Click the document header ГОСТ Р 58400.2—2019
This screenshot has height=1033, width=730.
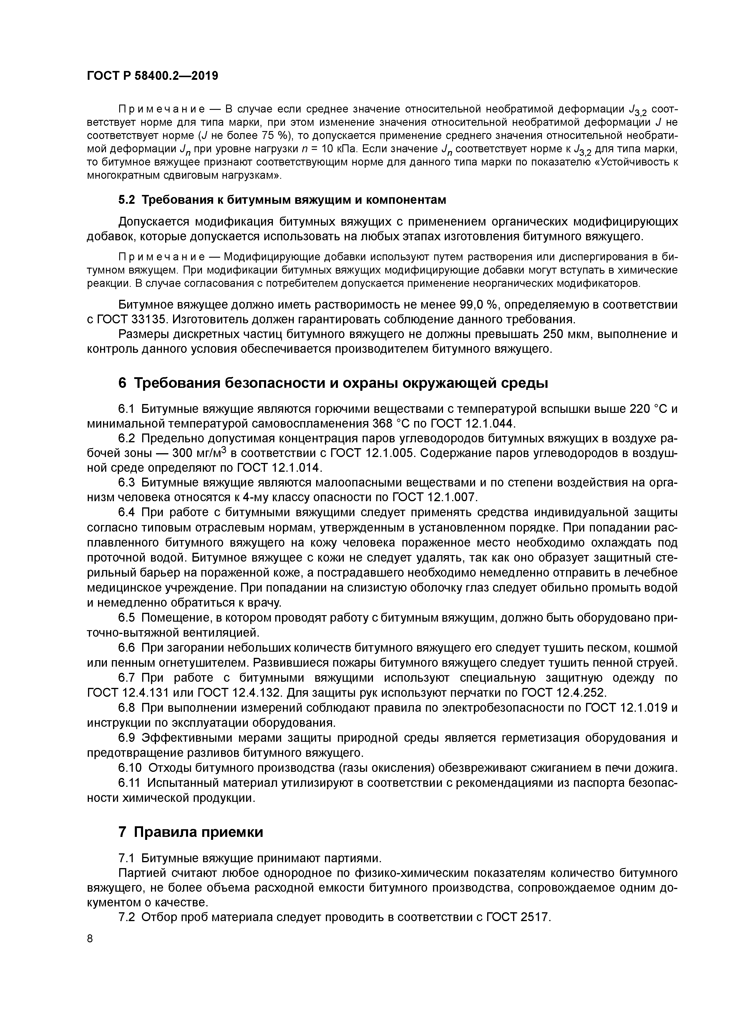(x=152, y=76)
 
